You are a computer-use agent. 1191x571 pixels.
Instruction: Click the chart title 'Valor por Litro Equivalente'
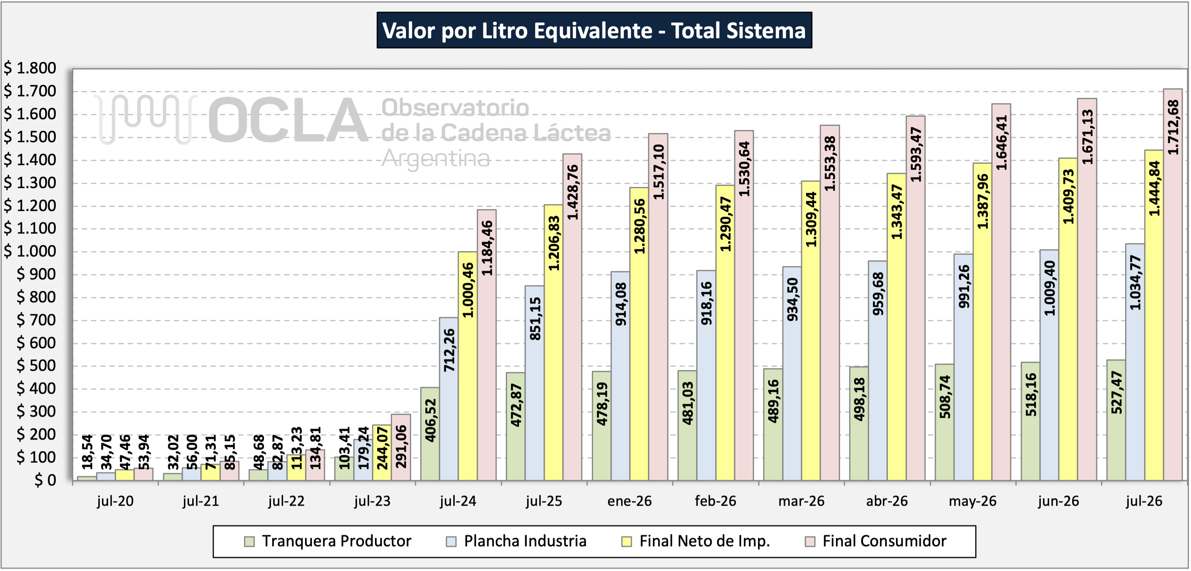(x=594, y=31)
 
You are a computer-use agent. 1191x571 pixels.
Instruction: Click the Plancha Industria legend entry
(x=516, y=541)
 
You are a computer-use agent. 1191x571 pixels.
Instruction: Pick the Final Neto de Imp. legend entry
(x=696, y=541)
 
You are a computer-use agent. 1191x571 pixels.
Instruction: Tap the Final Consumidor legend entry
(x=876, y=541)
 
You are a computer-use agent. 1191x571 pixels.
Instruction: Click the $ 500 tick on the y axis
(x=36, y=366)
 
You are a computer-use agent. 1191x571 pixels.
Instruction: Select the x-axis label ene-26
(x=629, y=501)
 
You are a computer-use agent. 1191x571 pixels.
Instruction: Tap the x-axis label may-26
(x=972, y=501)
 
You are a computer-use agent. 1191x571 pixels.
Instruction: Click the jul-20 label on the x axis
(x=115, y=501)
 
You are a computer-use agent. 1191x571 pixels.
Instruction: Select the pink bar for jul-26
(x=1173, y=284)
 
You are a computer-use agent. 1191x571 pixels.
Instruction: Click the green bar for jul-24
(x=430, y=434)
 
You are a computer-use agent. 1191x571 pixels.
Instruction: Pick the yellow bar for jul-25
(x=553, y=342)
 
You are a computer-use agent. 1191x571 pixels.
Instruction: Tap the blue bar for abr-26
(x=878, y=371)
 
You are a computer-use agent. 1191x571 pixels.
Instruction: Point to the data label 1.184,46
(x=487, y=248)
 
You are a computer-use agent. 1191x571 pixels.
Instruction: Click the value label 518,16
(x=1030, y=394)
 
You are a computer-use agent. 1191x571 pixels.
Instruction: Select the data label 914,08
(x=620, y=304)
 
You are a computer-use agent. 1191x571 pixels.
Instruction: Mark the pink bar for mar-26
(x=830, y=303)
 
